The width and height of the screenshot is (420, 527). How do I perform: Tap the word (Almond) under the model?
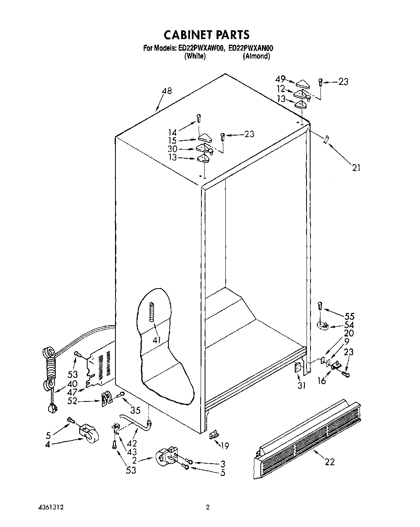(256, 56)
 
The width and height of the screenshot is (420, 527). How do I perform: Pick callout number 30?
(172, 149)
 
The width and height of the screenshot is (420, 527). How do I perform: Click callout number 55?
(349, 316)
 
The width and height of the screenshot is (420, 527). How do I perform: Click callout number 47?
(72, 392)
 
